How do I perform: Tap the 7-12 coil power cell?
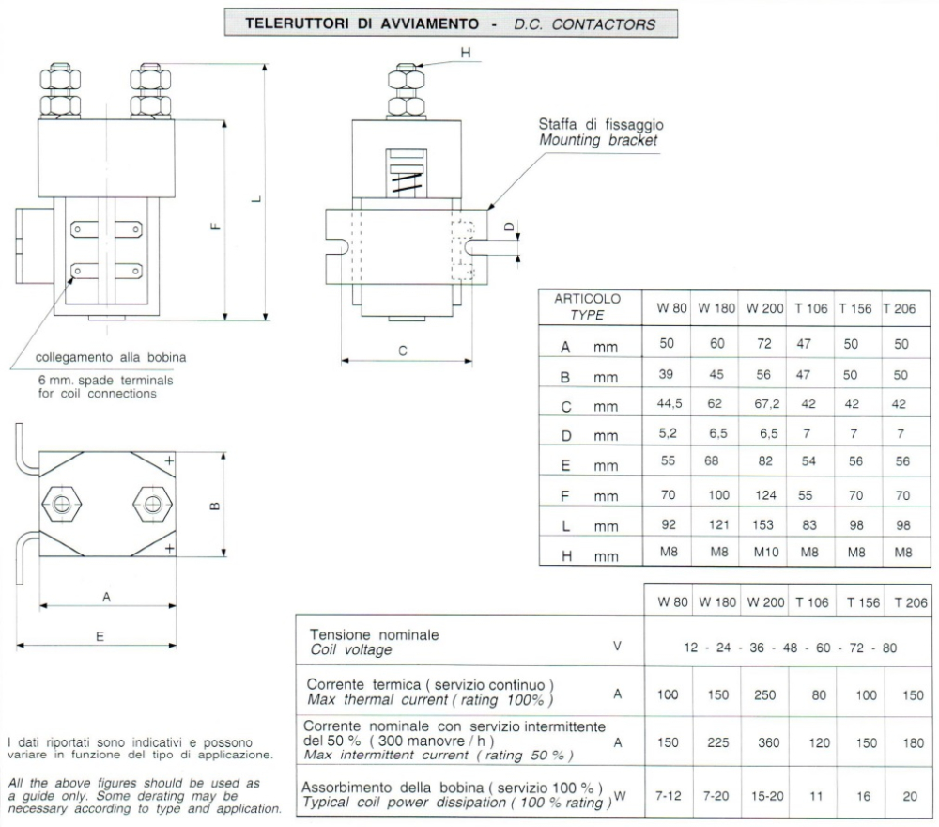point(669,795)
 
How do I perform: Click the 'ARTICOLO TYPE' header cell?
point(588,306)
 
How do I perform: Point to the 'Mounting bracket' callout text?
point(598,140)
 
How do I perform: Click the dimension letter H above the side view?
point(466,53)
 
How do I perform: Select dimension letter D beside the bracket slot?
point(509,227)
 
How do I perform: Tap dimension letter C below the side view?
point(402,351)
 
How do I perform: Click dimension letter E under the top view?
point(100,635)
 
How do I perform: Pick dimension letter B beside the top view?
point(214,507)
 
